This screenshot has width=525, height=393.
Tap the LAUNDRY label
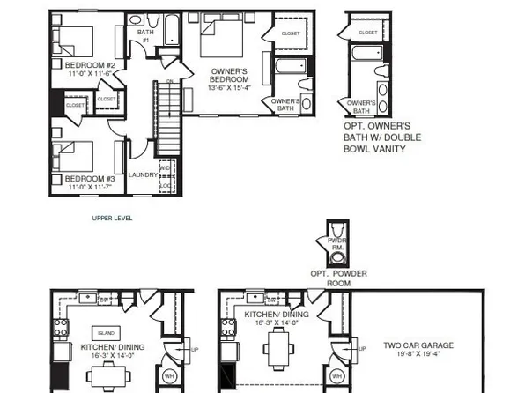pos(143,174)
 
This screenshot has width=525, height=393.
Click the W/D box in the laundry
pos(165,167)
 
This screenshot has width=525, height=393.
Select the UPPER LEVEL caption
pos(112,218)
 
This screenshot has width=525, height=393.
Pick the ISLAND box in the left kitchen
pos(107,333)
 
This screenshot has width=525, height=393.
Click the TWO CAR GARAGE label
pos(419,345)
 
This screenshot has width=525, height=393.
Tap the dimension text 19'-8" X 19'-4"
pos(419,356)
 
